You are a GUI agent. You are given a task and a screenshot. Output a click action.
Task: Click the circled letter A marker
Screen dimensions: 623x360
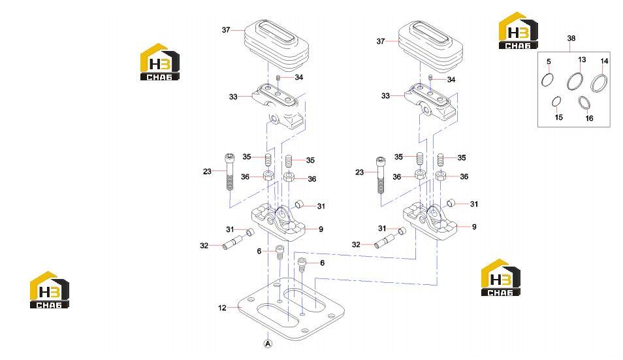pos(268,343)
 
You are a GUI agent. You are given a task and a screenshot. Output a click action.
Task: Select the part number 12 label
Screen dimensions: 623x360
pos(222,308)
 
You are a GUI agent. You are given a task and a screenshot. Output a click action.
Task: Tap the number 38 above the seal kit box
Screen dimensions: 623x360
pos(571,38)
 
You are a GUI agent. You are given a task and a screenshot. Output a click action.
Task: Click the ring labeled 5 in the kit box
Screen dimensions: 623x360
pos(547,80)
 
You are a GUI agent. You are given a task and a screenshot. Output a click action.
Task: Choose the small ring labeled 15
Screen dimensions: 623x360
pos(556,101)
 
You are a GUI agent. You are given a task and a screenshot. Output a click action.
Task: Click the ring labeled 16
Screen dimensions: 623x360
pos(584,103)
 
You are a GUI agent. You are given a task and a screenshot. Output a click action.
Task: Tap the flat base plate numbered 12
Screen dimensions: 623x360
pos(291,309)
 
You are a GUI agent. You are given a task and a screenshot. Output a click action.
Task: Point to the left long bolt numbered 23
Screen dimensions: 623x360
pos(230,172)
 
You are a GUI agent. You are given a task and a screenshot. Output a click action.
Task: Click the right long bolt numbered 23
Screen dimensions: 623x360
pos(381,175)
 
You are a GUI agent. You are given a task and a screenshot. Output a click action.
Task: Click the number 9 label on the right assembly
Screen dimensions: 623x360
pos(474,227)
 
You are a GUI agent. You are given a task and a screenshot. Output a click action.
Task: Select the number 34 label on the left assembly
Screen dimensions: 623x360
pos(299,77)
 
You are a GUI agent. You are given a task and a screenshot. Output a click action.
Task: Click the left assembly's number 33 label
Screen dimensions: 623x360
pos(233,97)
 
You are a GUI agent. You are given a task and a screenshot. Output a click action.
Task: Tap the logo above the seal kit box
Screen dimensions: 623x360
pos(518,31)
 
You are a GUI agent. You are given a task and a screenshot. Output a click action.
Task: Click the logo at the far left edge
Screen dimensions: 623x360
pos(49,290)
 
